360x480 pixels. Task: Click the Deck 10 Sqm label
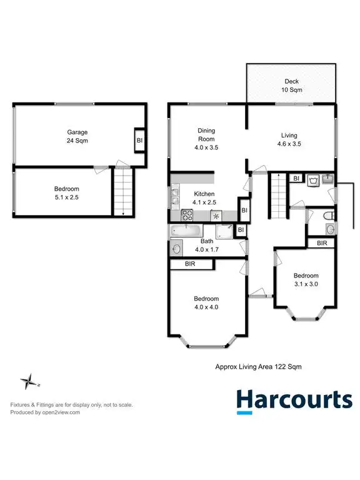[291, 86]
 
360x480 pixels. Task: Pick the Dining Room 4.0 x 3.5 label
[206, 139]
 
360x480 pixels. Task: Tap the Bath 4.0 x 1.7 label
[206, 245]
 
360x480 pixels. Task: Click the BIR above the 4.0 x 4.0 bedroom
[190, 265]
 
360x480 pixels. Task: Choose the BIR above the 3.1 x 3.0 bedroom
[322, 242]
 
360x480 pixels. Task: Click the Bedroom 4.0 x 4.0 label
[206, 302]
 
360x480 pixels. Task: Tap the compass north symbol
[29, 381]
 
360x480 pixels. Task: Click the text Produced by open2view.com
[45, 412]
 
